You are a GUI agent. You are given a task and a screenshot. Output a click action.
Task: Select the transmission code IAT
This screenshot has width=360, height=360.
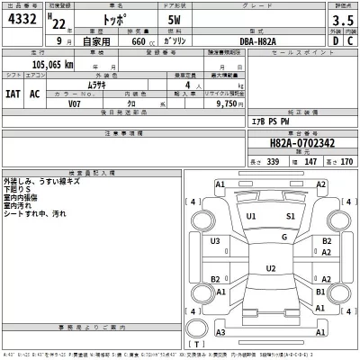tap(13, 92)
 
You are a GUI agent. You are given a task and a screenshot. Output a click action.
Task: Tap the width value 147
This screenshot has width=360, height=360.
tap(303, 159)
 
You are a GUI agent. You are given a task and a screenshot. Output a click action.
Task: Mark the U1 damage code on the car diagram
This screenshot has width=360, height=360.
tap(252, 217)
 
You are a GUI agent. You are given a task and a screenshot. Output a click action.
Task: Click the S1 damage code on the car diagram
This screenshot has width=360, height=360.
tap(291, 217)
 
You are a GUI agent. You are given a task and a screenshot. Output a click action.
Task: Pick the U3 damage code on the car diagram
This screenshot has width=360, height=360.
tap(215, 241)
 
